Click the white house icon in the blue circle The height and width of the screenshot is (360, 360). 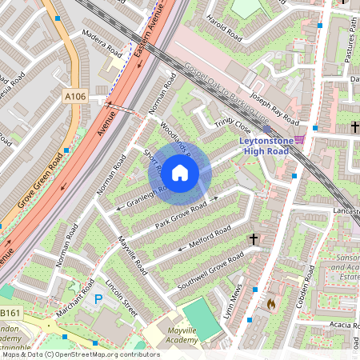tap(180, 171)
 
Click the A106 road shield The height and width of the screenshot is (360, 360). tap(74, 96)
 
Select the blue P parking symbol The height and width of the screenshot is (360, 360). tap(98, 299)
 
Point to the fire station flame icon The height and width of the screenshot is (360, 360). tap(271, 304)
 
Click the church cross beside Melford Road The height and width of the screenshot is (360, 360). tap(254, 238)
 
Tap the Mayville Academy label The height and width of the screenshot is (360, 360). tap(171, 336)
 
